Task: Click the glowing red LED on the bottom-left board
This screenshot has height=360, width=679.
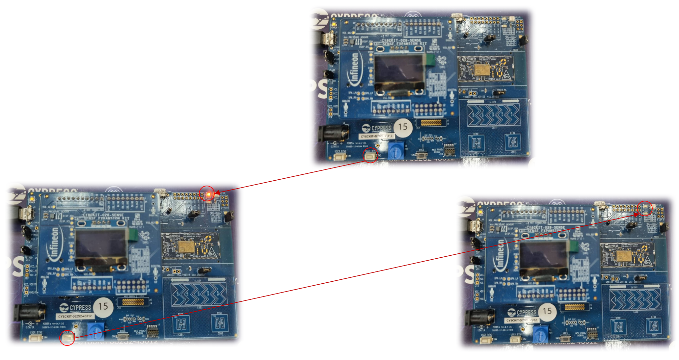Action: (208, 194)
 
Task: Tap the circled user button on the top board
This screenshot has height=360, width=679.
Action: (370, 156)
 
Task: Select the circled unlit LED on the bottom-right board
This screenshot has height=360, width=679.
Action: (645, 208)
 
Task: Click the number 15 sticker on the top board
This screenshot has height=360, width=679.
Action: (403, 127)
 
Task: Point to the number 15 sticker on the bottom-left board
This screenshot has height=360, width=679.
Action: (103, 307)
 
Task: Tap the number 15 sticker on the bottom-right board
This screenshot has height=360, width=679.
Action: (547, 311)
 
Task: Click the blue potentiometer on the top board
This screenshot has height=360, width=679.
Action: (396, 151)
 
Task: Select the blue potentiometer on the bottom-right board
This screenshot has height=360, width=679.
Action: (540, 335)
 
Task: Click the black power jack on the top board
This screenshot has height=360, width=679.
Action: (332, 134)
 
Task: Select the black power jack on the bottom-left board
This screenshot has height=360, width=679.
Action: (29, 312)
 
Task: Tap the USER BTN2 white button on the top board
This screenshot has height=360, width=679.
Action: (340, 157)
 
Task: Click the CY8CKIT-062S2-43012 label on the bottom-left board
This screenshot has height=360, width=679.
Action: (75, 316)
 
